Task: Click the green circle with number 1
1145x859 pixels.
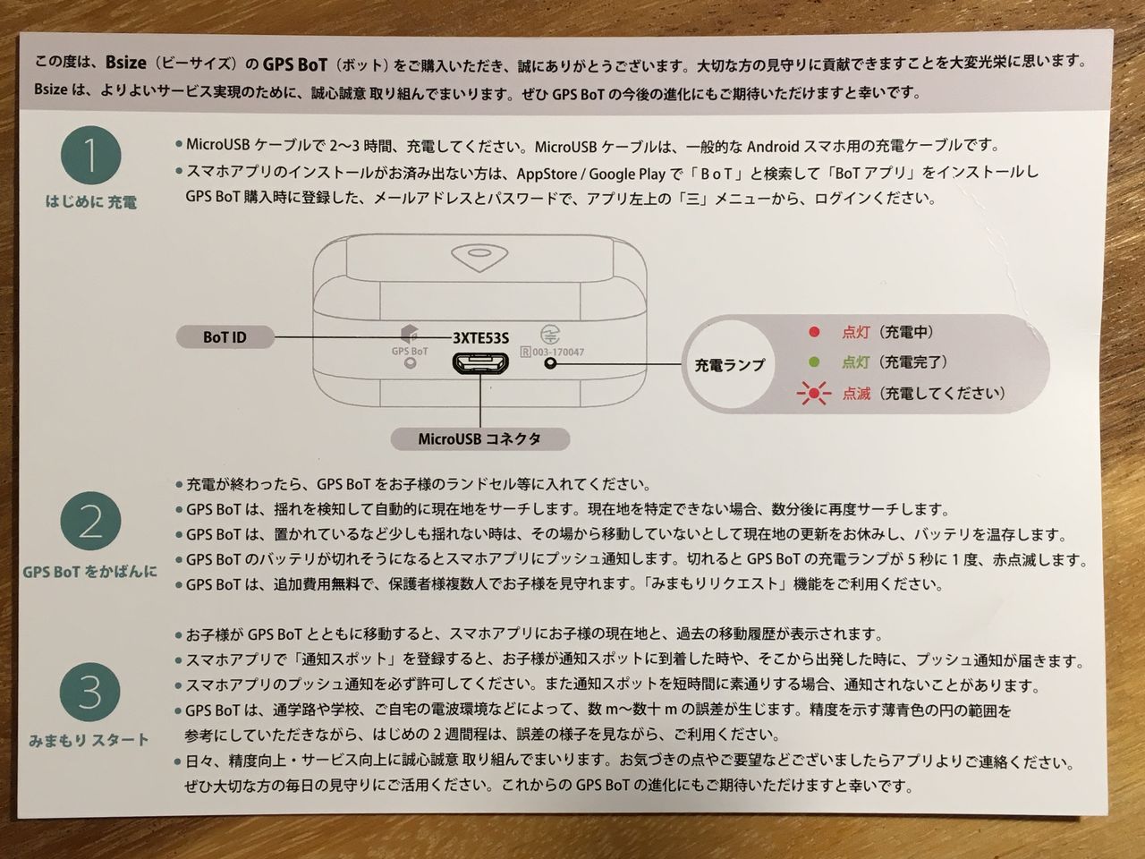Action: click(90, 157)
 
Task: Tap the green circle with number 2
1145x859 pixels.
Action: click(90, 523)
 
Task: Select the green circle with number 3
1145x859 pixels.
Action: click(90, 692)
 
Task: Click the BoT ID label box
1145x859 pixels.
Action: click(225, 337)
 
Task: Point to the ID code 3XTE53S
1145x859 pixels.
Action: click(480, 337)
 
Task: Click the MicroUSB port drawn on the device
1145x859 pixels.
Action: click(480, 364)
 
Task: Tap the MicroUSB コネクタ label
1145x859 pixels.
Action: click(479, 439)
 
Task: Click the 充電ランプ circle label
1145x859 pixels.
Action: click(729, 364)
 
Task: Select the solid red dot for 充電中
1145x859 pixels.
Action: click(814, 332)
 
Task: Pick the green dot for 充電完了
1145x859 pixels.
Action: click(814, 362)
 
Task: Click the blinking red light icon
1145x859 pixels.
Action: click(814, 393)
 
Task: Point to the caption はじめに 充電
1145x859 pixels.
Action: click(91, 203)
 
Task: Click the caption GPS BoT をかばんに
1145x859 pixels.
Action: click(89, 571)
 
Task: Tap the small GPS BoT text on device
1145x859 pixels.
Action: click(410, 351)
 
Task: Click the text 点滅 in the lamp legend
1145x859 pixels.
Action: click(857, 393)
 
